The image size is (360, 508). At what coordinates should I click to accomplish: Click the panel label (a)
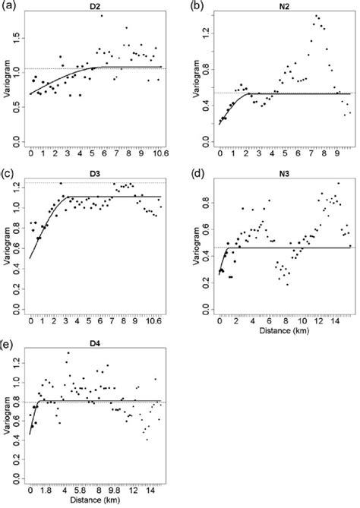11,6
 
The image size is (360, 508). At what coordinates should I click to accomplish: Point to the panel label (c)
11,173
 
